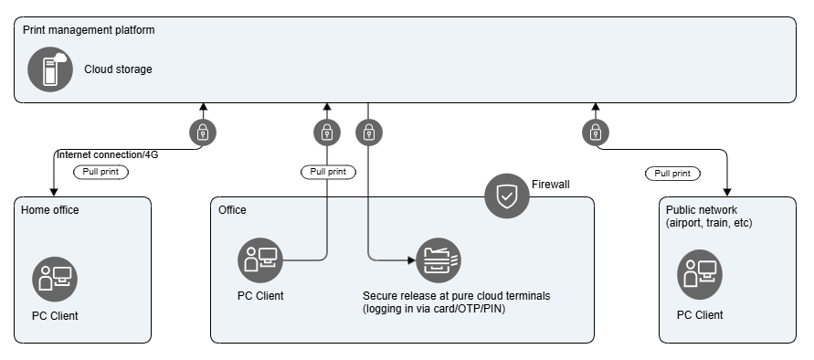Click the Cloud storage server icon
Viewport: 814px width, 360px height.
point(49,69)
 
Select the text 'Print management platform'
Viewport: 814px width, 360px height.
point(89,29)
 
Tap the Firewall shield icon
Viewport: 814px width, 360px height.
point(506,196)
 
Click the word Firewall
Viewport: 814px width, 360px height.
point(550,185)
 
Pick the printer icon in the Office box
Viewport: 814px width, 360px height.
point(438,260)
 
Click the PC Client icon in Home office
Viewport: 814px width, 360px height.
point(55,279)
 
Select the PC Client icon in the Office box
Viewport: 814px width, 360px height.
point(260,260)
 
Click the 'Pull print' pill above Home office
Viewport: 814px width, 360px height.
point(100,172)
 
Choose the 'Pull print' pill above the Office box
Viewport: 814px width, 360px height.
point(328,172)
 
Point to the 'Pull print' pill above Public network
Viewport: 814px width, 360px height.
point(672,174)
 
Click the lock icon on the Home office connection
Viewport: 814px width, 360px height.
point(202,133)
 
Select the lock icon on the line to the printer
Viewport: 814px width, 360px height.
point(368,133)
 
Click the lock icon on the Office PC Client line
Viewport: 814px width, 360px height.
point(326,133)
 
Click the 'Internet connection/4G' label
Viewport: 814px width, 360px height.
point(107,155)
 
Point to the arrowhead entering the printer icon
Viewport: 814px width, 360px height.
point(410,260)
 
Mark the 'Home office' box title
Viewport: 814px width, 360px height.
point(50,210)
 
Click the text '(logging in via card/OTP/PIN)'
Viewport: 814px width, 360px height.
point(434,308)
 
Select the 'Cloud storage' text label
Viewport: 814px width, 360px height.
point(118,69)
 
